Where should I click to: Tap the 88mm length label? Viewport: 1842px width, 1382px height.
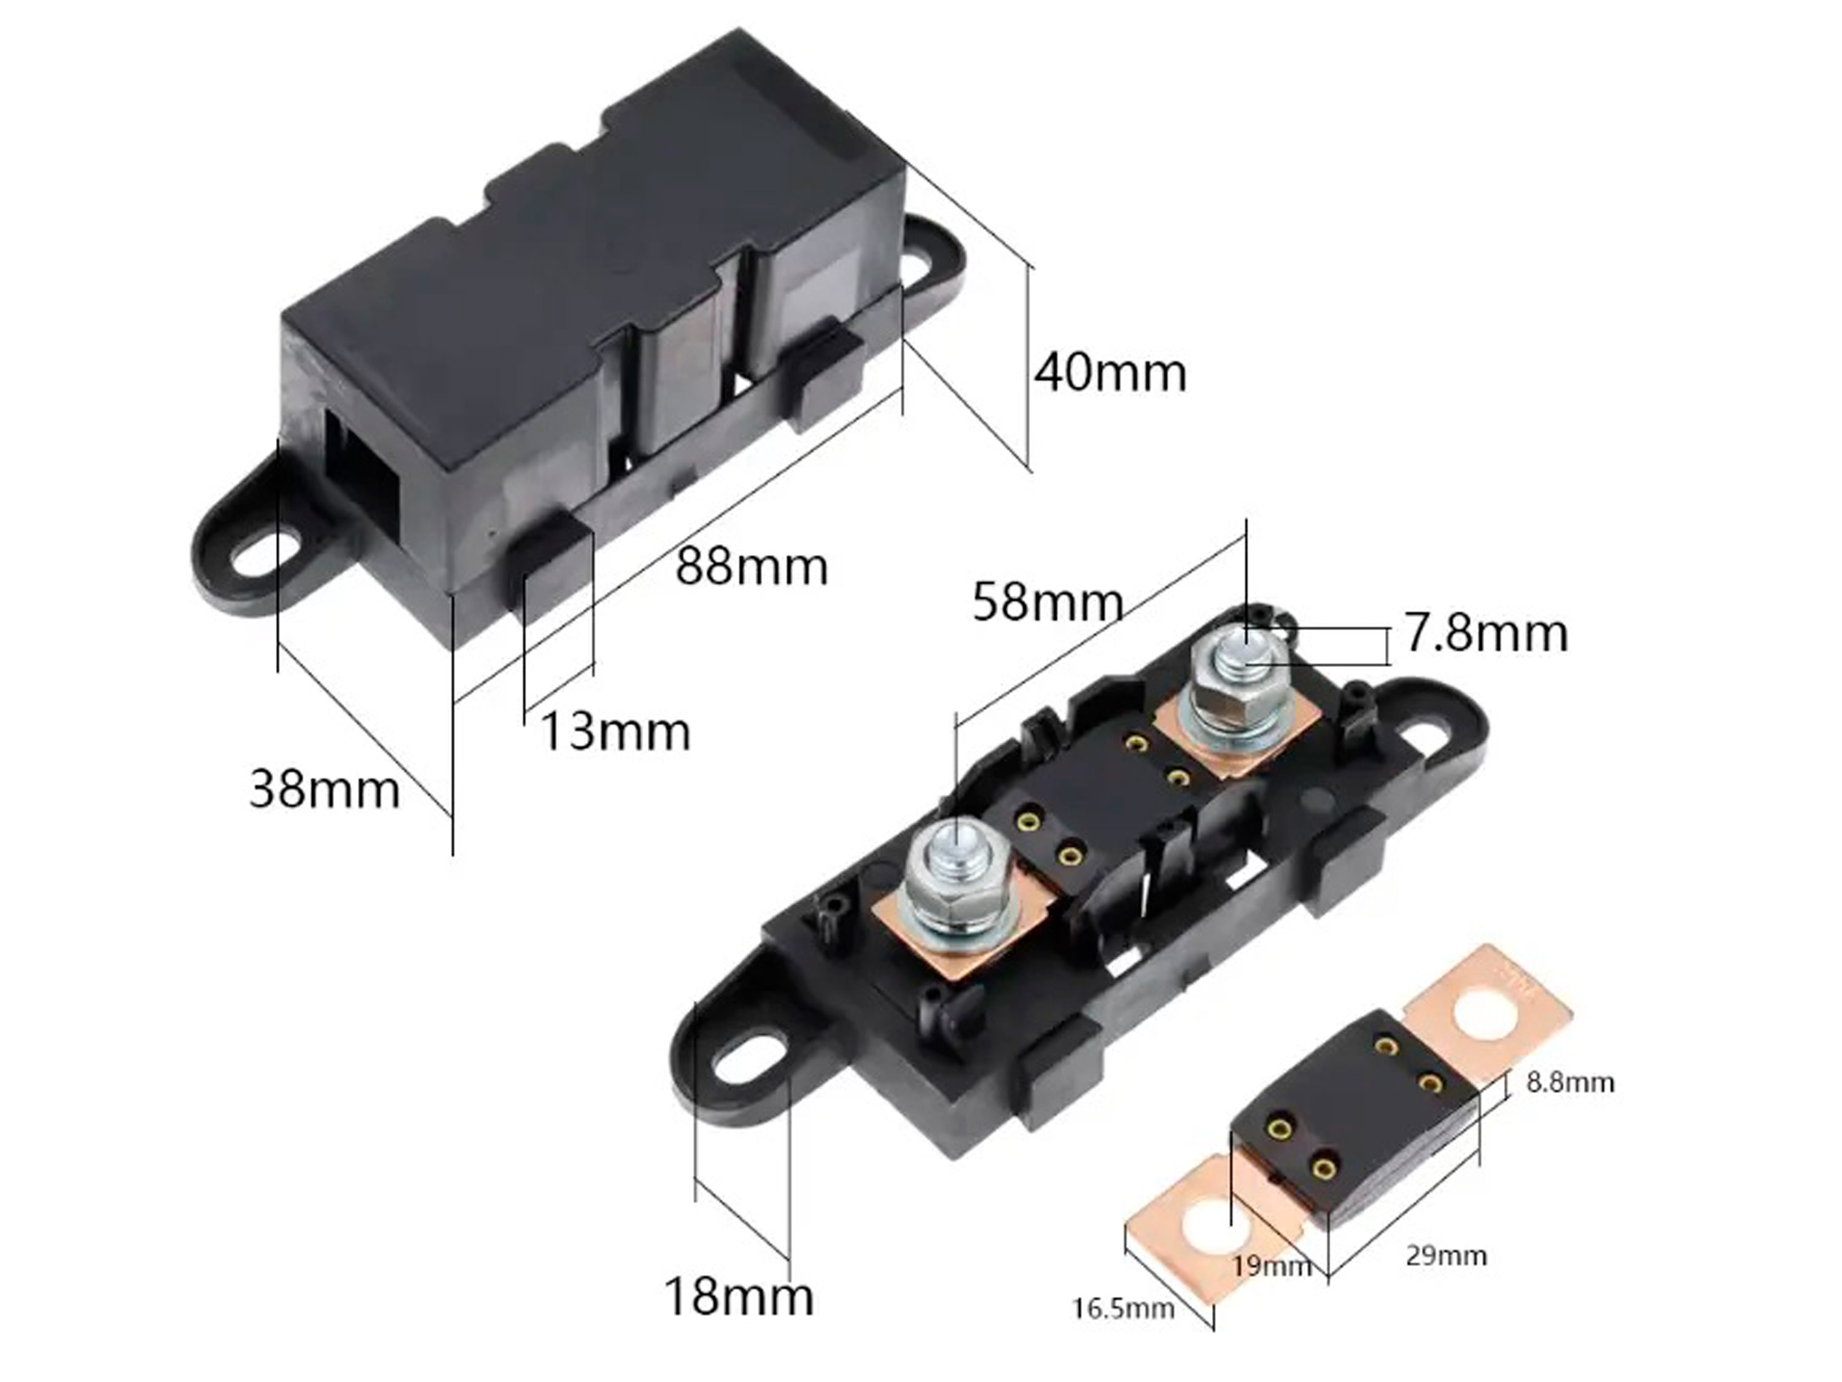point(751,568)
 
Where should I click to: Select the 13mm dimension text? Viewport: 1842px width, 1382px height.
point(615,732)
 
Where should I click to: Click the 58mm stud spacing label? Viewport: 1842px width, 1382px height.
point(1047,603)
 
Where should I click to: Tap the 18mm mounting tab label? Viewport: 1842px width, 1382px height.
point(739,1297)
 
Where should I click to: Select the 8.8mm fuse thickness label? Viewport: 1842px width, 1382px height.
point(1571,1083)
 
